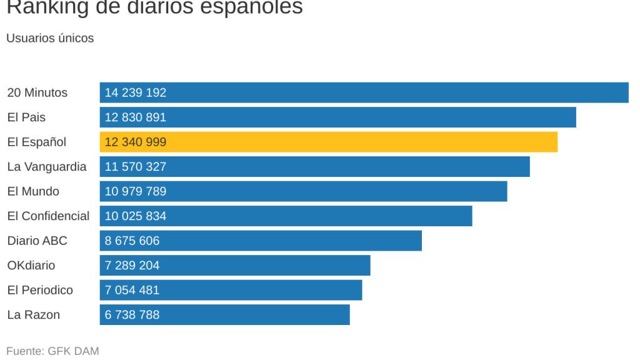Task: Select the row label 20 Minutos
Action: [37, 92]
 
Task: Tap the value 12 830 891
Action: [136, 117]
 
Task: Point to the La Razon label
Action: [33, 315]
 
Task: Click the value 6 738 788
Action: [132, 315]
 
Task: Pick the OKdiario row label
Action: [31, 266]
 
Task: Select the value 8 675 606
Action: [132, 241]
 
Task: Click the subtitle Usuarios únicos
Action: [50, 38]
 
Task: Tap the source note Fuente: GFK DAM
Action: [52, 351]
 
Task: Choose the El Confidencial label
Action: [48, 216]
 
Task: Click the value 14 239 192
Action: [136, 92]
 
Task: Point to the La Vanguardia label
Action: [47, 167]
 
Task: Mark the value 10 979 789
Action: [136, 191]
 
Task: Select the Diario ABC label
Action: [37, 241]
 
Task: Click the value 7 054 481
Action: [132, 290]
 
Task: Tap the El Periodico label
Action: [40, 290]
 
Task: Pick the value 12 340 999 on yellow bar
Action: [136, 142]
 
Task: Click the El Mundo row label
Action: [33, 191]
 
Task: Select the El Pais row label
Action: [26, 117]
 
